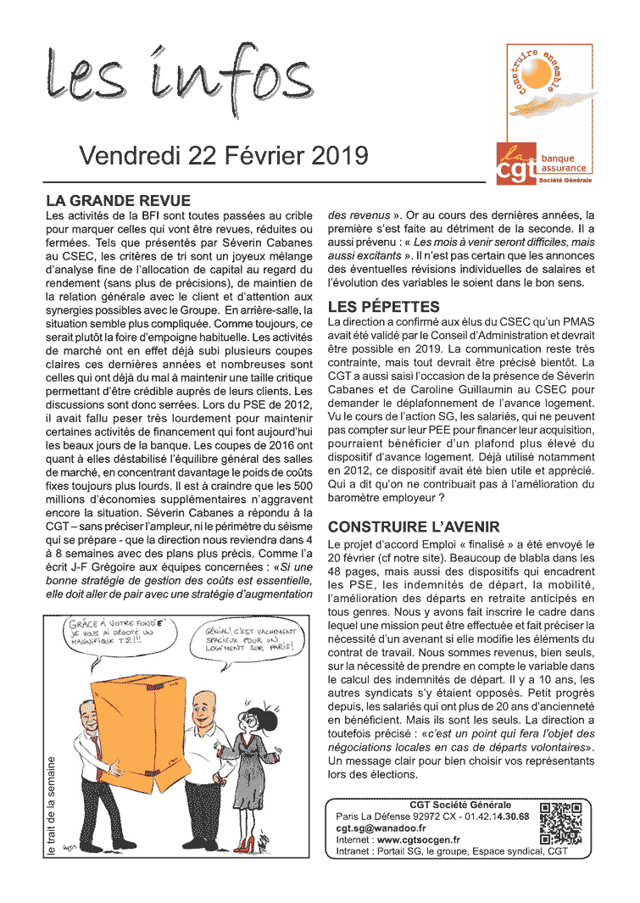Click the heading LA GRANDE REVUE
(x=118, y=201)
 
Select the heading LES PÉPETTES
(x=383, y=307)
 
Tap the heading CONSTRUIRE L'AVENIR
(x=414, y=527)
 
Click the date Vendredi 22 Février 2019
(x=224, y=156)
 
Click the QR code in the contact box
(x=560, y=823)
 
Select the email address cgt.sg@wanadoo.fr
(x=381, y=828)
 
